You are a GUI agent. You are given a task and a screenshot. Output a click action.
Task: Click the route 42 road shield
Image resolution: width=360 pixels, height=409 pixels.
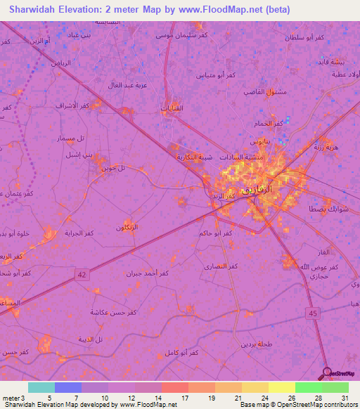pyautogui.click(x=82, y=276)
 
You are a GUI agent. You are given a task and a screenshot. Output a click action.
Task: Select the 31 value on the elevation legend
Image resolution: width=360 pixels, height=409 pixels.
pyautogui.click(x=345, y=397)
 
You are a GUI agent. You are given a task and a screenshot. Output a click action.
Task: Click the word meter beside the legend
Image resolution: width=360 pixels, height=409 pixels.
pyautogui.click(x=9, y=397)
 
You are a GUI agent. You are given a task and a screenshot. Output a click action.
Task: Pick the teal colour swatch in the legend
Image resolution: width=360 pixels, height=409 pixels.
pyautogui.click(x=41, y=387)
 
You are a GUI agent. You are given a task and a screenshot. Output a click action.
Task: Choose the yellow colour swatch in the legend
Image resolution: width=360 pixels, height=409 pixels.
pyautogui.click(x=281, y=387)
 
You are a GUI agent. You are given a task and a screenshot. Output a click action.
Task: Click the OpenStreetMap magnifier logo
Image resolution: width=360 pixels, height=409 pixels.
pyautogui.click(x=328, y=373)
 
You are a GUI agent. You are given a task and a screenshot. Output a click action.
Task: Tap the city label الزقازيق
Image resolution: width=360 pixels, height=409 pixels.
pyautogui.click(x=256, y=190)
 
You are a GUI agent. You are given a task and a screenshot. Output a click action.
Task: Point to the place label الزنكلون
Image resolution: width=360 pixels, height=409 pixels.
pyautogui.click(x=127, y=227)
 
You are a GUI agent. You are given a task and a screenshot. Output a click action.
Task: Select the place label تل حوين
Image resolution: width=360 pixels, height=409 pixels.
pyautogui.click(x=112, y=167)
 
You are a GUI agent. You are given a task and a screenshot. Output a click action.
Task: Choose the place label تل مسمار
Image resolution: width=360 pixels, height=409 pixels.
pyautogui.click(x=71, y=138)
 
